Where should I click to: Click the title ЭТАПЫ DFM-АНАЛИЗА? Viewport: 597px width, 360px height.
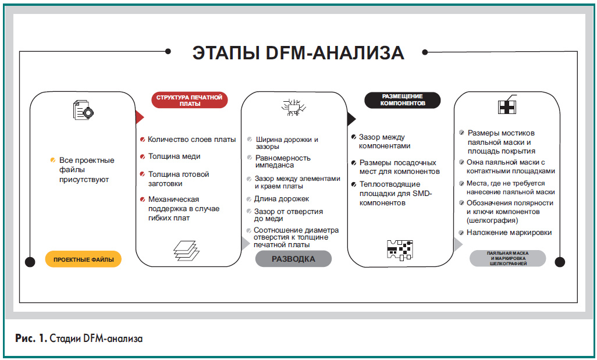298,53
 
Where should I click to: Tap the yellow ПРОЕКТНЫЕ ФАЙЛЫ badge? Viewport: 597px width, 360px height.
83,259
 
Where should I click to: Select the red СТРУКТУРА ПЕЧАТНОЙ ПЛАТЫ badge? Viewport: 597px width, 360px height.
190,101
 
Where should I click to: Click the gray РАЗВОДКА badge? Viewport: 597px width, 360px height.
293,259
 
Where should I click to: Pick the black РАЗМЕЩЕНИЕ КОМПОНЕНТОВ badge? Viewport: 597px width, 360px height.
402,100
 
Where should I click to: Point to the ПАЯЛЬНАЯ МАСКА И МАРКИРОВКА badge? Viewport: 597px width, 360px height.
507,259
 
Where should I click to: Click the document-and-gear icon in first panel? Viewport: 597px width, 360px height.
83,110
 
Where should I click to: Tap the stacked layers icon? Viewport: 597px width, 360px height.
186,249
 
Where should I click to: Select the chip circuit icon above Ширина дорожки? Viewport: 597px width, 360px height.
293,108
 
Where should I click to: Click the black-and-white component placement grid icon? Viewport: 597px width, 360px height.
399,248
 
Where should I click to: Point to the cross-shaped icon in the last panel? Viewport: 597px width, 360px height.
507,106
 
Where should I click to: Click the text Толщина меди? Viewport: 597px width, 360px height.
174,156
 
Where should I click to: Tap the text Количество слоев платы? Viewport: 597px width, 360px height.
191,140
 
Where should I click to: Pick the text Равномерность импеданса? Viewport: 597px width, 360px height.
283,161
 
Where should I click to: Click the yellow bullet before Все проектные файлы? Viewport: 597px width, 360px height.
52,160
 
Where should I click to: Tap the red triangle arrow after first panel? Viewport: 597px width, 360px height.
139,117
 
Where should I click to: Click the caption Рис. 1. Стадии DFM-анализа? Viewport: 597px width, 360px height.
79,338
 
